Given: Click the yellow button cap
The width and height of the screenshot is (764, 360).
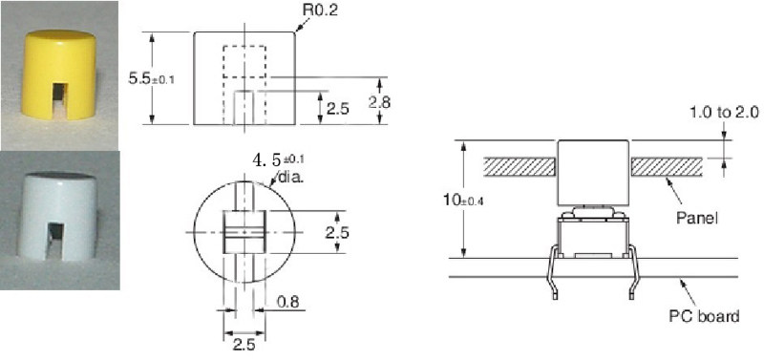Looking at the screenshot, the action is pyautogui.click(x=58, y=74).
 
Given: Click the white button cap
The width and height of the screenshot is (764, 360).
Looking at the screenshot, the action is pyautogui.click(x=57, y=216).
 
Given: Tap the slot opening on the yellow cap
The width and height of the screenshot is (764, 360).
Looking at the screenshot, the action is pyautogui.click(x=59, y=100).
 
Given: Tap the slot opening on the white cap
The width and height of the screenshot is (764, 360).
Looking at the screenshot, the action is pyautogui.click(x=54, y=241).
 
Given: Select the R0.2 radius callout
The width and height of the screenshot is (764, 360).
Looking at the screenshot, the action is pyautogui.click(x=321, y=11).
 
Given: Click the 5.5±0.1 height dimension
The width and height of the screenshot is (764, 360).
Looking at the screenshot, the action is pyautogui.click(x=151, y=79).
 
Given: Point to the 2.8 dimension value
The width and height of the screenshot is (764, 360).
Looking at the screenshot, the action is pyautogui.click(x=379, y=102).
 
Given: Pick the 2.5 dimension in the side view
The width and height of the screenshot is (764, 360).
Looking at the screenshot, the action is pyautogui.click(x=338, y=109).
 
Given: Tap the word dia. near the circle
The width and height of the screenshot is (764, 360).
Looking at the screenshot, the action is pyautogui.click(x=291, y=178).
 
